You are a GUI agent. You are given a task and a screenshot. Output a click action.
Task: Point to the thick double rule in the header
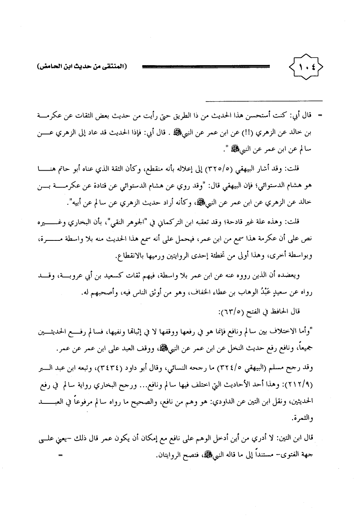coord(205,67)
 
